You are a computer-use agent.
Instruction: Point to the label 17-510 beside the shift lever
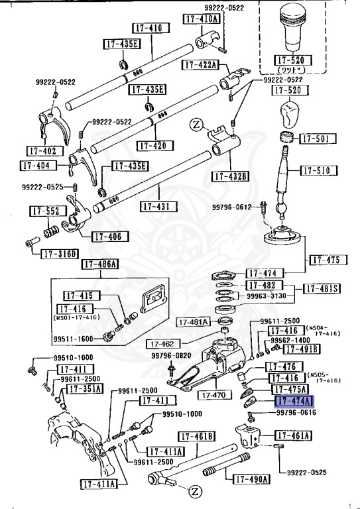(319, 170)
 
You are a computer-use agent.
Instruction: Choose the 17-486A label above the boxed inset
(99, 265)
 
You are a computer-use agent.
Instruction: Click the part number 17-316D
(60, 253)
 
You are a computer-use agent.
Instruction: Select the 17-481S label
(322, 288)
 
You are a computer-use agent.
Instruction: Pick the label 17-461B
(198, 436)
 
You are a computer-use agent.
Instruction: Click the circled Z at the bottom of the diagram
(195, 491)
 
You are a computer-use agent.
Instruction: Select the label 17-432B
(230, 176)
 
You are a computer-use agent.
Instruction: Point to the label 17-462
(161, 345)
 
